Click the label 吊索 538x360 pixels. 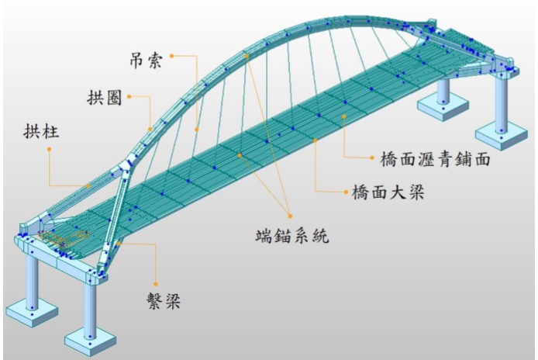[146, 61]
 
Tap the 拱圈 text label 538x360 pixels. [105, 98]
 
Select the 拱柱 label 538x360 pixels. [41, 131]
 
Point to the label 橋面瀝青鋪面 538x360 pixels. [435, 159]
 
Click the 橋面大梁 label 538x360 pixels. [388, 192]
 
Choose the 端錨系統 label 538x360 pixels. [292, 236]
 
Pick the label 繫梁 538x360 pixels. [164, 302]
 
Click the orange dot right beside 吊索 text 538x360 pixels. [172, 56]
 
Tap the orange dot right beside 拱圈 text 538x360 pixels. [129, 97]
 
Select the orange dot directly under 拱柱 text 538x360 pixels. [50, 149]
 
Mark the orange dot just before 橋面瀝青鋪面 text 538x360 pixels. [372, 158]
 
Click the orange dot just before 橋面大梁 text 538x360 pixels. [346, 192]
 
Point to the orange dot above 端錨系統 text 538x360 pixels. [290, 216]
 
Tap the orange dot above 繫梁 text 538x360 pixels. [155, 284]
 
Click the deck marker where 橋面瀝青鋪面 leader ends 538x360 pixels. [344, 116]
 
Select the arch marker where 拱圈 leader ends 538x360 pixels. [150, 129]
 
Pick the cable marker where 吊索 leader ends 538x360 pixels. [197, 130]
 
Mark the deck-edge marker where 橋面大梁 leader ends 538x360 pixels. [316, 140]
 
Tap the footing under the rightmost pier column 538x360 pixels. [502, 135]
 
